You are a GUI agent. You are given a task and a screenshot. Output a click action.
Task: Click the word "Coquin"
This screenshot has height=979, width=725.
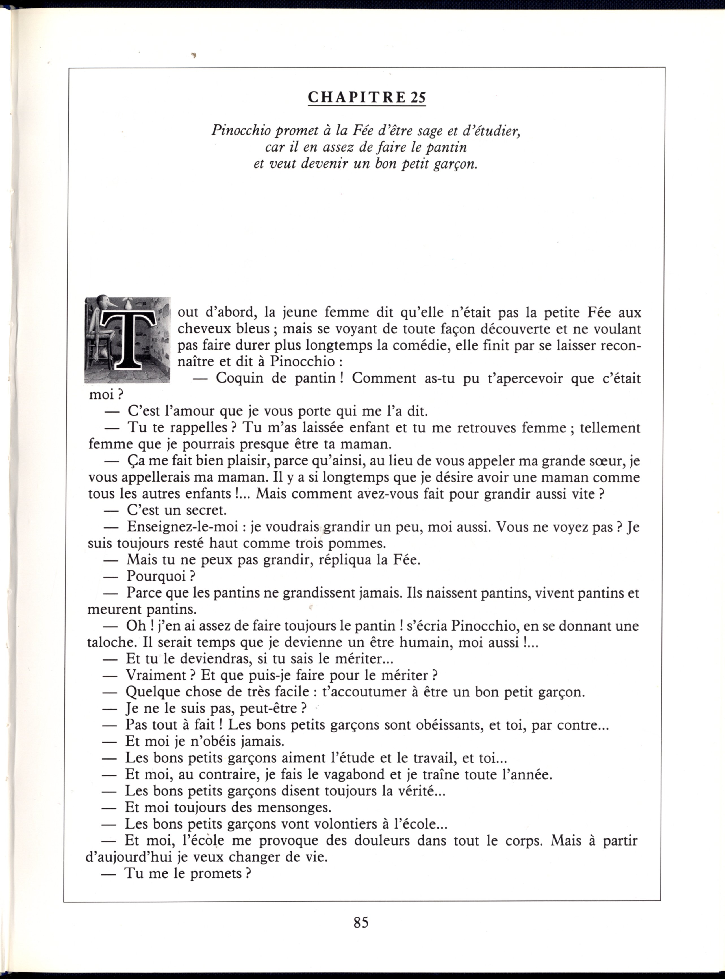coord(240,378)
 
